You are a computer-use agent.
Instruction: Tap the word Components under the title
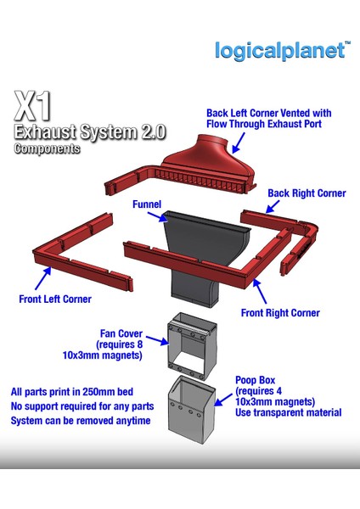[x=47, y=148]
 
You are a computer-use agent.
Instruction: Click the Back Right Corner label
[x=307, y=193]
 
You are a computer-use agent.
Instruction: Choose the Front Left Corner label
[x=55, y=299]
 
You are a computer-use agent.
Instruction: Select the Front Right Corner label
[x=280, y=313]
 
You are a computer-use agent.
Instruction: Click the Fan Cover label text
[x=119, y=333]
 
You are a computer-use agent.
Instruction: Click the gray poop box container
[x=194, y=409]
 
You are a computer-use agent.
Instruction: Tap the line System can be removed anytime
[x=81, y=421]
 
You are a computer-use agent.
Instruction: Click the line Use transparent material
[x=289, y=413]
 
